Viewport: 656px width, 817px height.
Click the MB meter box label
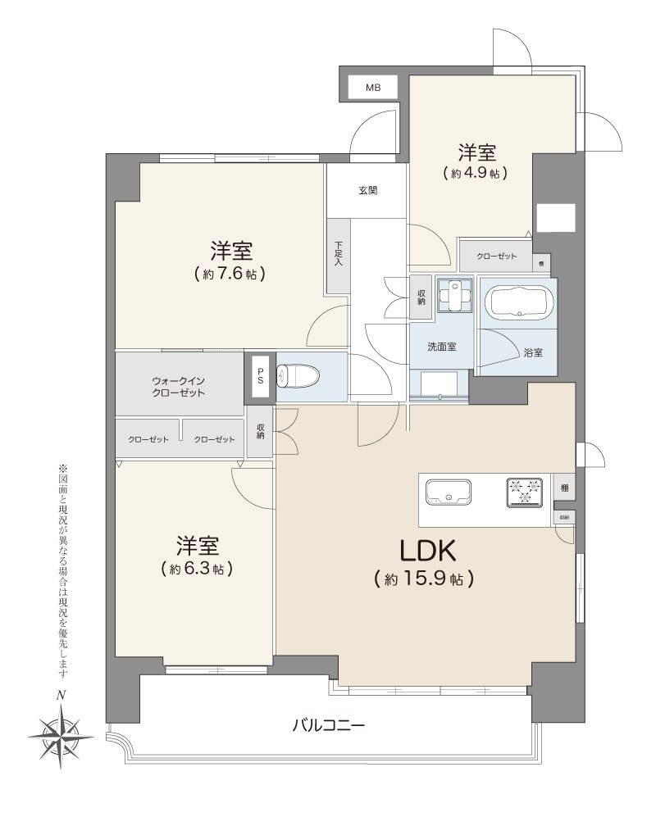pyautogui.click(x=373, y=87)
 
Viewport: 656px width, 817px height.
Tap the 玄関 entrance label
pyautogui.click(x=367, y=191)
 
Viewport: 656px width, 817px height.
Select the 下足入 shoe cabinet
pyautogui.click(x=339, y=256)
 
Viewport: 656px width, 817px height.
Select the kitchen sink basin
pyautogui.click(x=448, y=492)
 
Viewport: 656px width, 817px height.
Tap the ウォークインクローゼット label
pyautogui.click(x=178, y=387)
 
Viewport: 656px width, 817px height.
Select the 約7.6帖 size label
pyautogui.click(x=230, y=274)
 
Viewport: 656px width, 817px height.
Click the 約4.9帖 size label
pyautogui.click(x=476, y=173)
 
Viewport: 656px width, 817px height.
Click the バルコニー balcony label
pyautogui.click(x=328, y=725)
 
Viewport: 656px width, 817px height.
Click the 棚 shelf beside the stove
pyautogui.click(x=565, y=488)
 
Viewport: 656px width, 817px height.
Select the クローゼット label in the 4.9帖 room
pyautogui.click(x=496, y=256)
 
